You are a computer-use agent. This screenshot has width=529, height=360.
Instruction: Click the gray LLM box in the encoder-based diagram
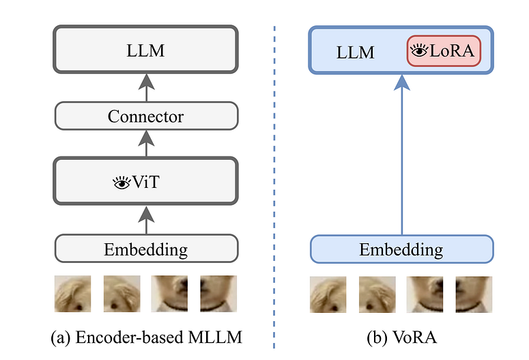[146, 49]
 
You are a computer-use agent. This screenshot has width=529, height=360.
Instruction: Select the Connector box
[146, 116]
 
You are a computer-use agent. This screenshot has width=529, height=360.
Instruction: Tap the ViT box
[146, 182]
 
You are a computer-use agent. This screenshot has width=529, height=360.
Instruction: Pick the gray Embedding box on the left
[146, 249]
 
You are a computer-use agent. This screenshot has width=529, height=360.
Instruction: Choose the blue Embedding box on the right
[401, 249]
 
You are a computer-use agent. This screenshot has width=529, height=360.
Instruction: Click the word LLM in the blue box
[355, 51]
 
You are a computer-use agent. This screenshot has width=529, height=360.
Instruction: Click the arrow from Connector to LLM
[146, 87]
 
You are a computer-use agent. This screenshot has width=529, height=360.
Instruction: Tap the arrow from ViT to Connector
[146, 144]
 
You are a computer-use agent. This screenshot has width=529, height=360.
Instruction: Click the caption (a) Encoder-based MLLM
[146, 337]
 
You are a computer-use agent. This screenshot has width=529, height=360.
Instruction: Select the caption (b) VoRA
[401, 337]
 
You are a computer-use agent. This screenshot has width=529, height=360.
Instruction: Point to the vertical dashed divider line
[274, 178]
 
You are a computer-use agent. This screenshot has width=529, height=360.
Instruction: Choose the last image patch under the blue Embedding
[474, 294]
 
